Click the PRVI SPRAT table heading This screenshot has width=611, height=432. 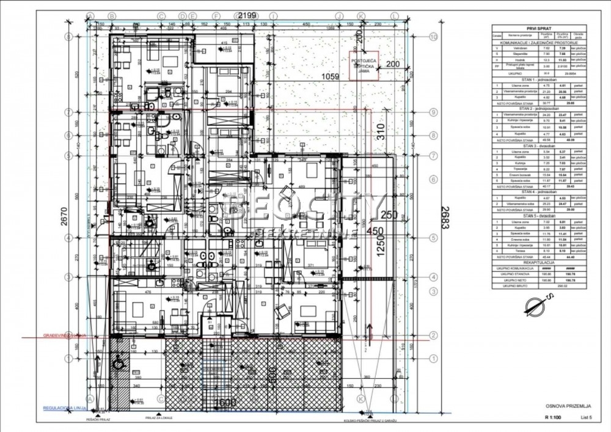coord(540,27)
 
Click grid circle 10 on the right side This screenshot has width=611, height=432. coord(433,37)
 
